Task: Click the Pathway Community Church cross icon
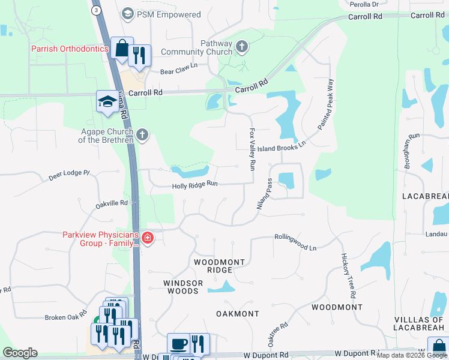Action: click(241, 46)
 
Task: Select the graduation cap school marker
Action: click(107, 101)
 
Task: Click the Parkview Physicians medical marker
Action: click(147, 239)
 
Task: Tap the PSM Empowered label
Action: click(161, 14)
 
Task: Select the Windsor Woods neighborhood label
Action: click(181, 287)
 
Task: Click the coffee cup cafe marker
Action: click(178, 344)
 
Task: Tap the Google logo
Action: click(20, 353)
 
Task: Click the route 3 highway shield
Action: click(95, 11)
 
